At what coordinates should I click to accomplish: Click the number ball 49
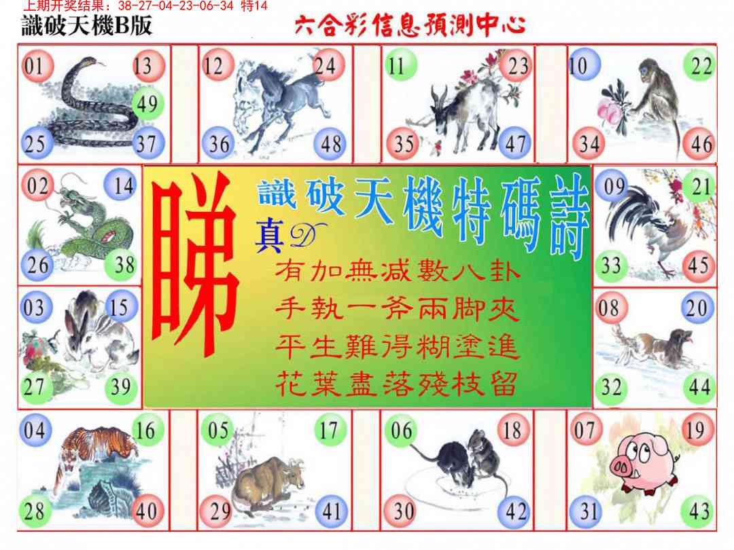[148, 104]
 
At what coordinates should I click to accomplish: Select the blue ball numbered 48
[330, 143]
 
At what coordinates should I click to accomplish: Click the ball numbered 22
[700, 65]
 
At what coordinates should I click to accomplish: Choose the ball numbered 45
[699, 265]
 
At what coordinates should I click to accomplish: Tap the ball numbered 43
[699, 511]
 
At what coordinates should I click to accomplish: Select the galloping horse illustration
[280, 106]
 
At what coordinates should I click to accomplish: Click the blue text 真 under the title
[270, 236]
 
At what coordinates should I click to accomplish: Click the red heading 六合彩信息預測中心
[410, 25]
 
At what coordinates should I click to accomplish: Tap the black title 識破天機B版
[87, 25]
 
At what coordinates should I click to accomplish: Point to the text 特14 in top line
[254, 5]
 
